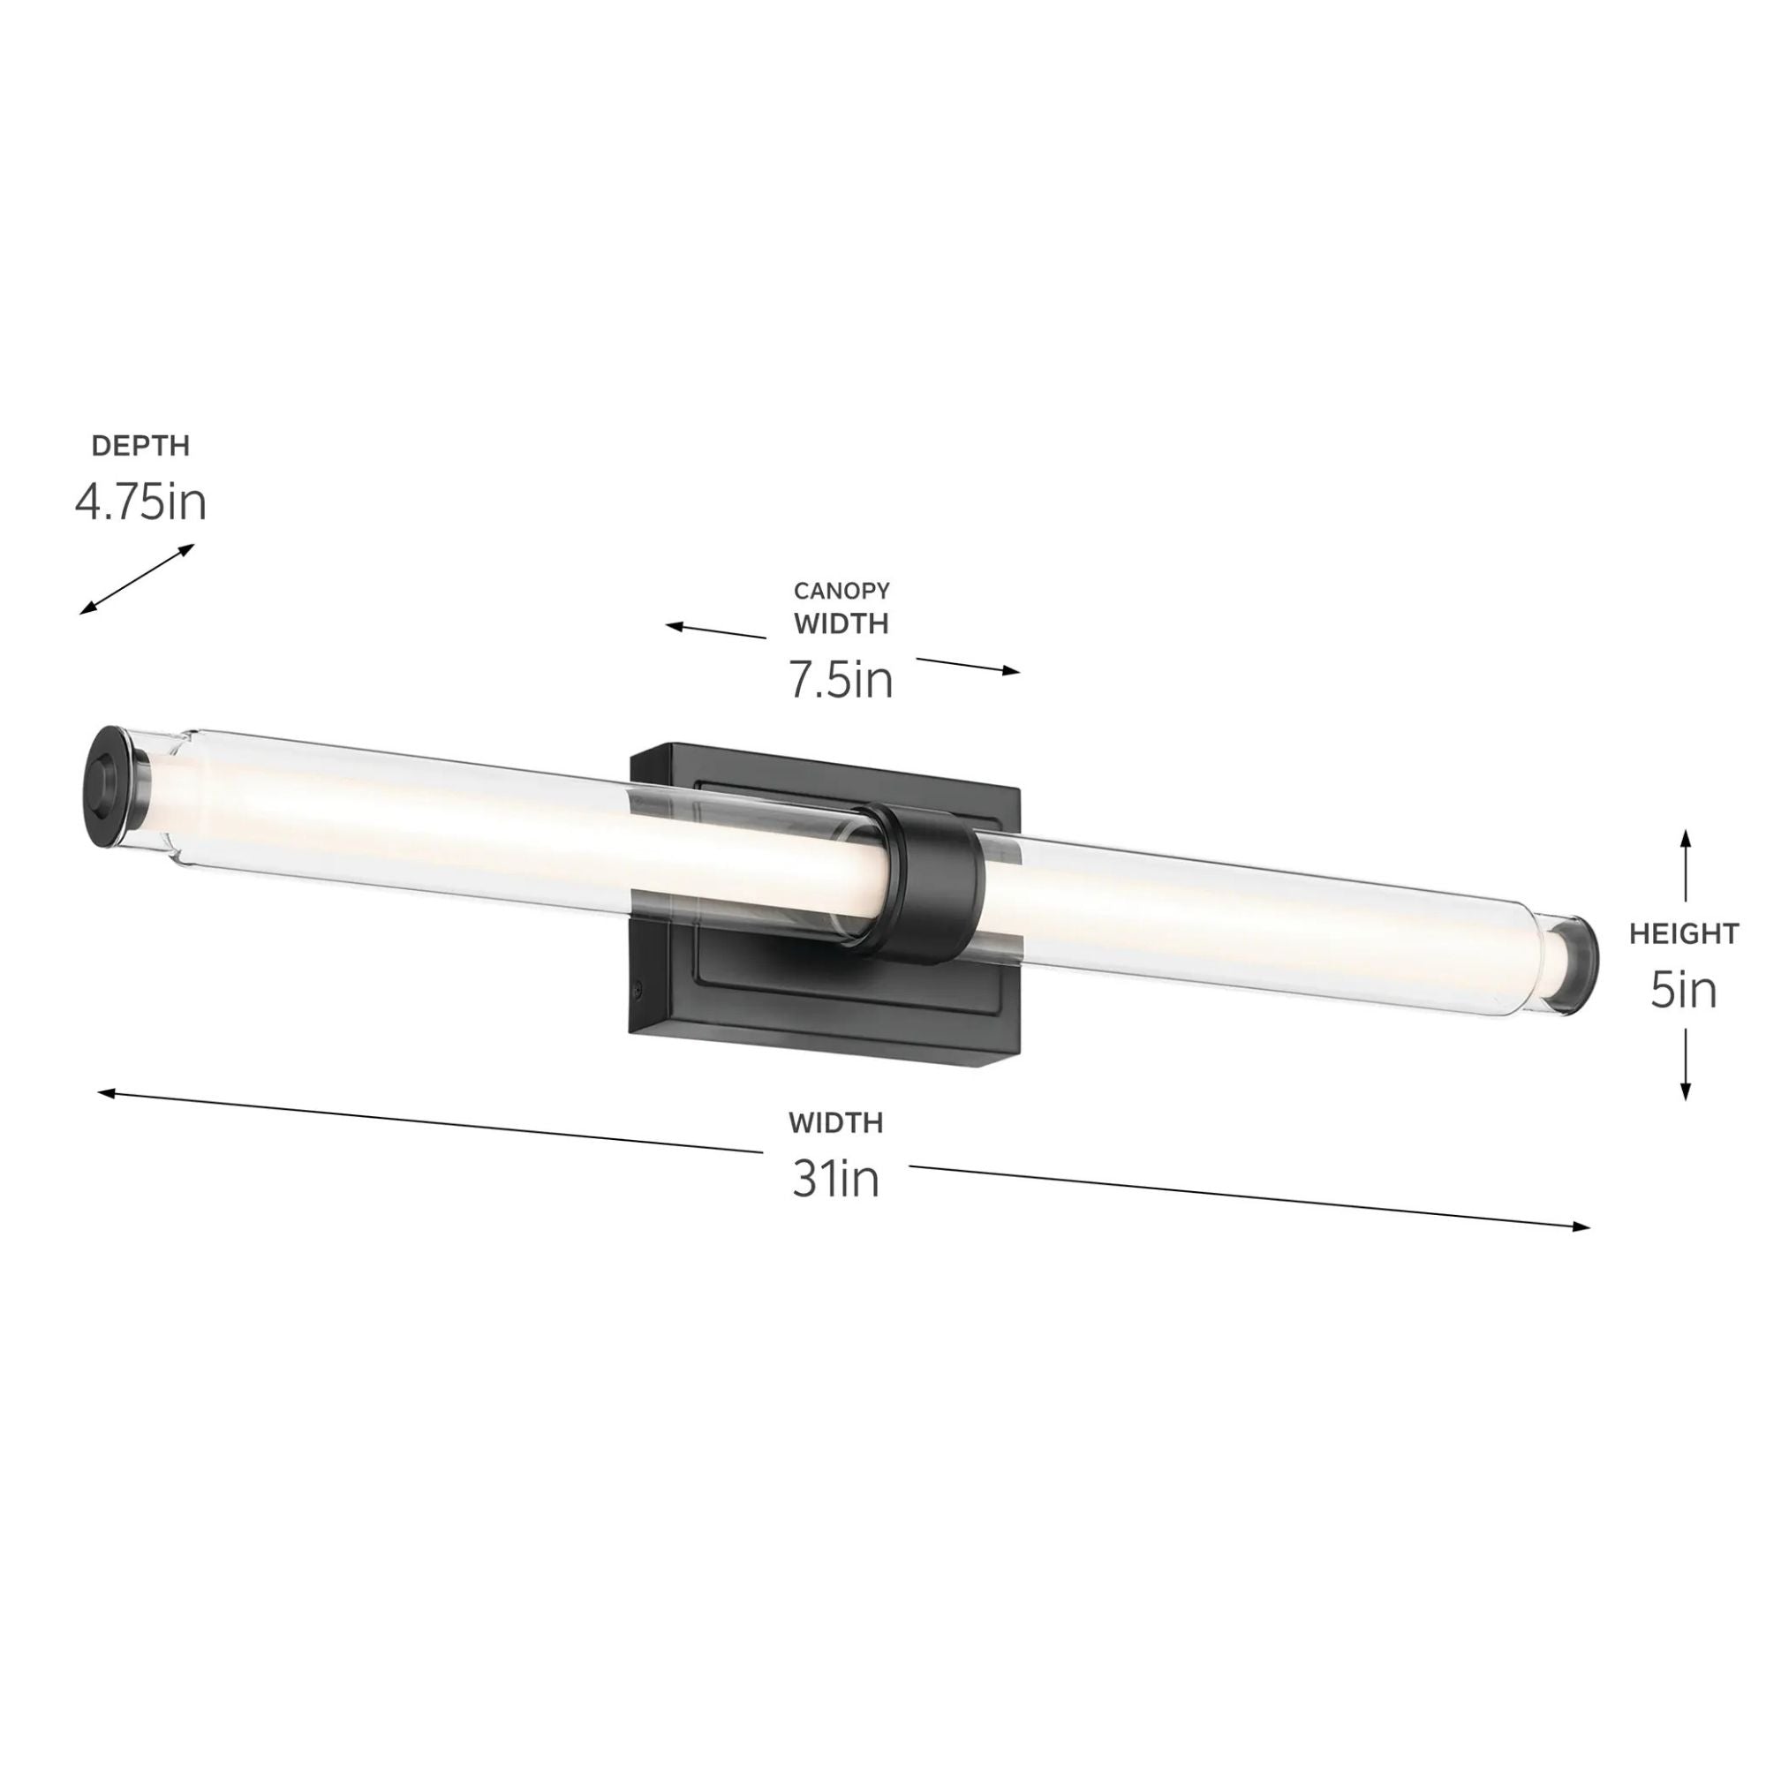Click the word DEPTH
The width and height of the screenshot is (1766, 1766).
pos(140,446)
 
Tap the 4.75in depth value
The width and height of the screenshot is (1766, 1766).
pos(140,502)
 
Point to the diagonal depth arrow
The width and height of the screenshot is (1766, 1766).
pos(137,578)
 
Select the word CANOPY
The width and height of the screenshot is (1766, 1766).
pos(841,592)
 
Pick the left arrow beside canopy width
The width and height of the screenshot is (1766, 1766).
pos(716,630)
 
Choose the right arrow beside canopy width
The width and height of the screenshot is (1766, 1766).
pos(968,666)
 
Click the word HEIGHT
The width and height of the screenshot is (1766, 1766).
pos(1684,933)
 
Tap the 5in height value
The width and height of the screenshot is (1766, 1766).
pos(1684,990)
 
